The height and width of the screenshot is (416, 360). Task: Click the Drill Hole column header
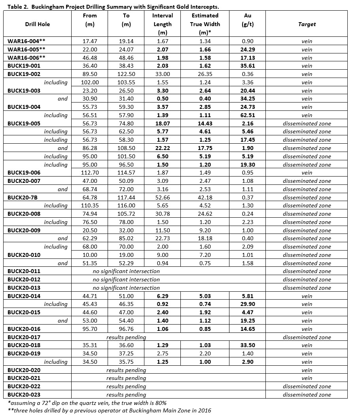[38, 24]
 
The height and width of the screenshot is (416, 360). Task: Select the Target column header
[307, 24]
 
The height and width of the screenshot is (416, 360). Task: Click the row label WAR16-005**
[27, 49]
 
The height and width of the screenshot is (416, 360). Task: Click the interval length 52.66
[163, 198]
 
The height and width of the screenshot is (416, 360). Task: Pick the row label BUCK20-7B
[23, 198]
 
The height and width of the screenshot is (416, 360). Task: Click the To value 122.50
[126, 74]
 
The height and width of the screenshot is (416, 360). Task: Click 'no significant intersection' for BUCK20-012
[126, 279]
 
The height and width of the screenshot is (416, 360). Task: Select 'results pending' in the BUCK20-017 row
[126, 337]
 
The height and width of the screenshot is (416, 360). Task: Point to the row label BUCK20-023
[24, 395]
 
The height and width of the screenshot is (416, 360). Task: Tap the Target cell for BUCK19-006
[307, 173]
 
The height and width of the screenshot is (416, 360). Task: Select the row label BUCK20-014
[24, 296]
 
